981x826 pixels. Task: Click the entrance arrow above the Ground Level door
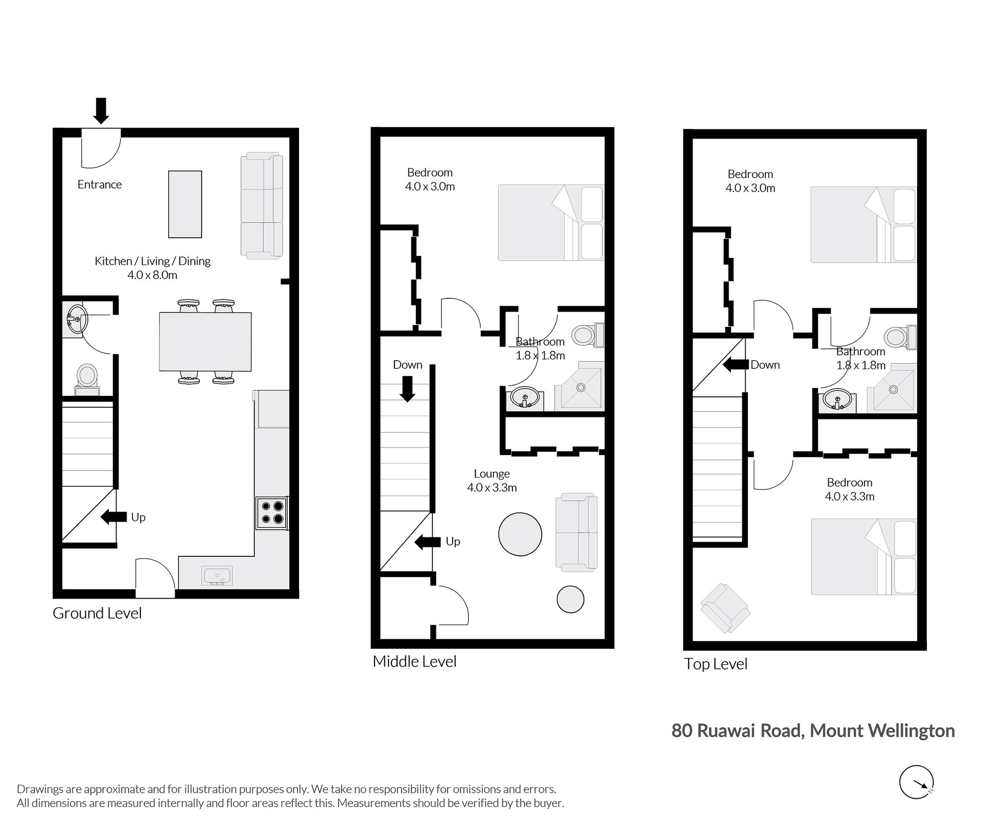[102, 111]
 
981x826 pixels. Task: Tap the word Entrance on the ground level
[100, 184]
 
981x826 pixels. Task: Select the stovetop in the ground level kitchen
[271, 513]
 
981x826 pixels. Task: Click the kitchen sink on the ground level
[218, 576]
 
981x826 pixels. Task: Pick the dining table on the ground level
[205, 342]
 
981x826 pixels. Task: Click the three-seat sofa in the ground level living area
[262, 205]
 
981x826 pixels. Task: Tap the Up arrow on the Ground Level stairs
[114, 517]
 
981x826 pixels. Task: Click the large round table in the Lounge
[520, 534]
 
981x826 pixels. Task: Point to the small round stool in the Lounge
[570, 599]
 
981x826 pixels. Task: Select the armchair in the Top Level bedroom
[725, 608]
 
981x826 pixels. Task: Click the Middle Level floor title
[414, 662]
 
